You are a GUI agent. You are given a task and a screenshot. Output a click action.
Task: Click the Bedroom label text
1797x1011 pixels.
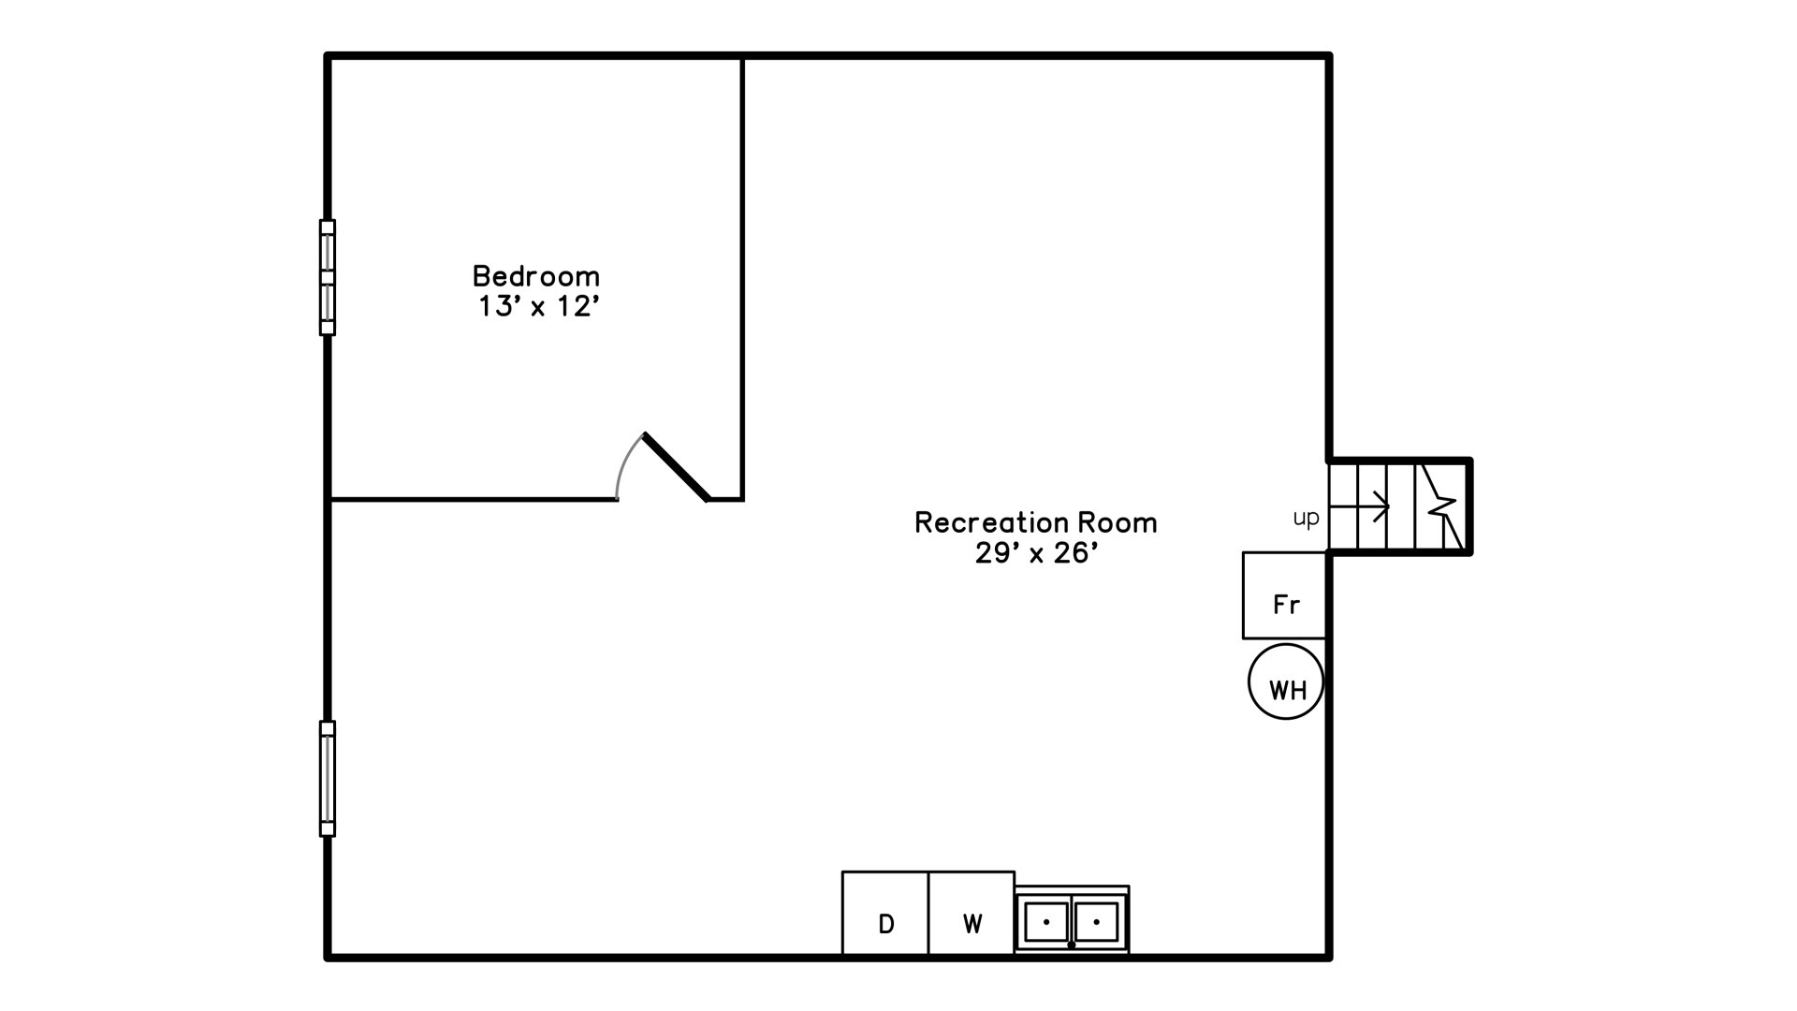coord(535,276)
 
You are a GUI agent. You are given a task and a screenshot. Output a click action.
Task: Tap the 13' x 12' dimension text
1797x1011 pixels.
coord(538,306)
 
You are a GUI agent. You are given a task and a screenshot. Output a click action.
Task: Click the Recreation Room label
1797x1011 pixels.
coord(1035,522)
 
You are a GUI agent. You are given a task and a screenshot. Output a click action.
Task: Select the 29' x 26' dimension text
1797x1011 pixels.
coord(1035,553)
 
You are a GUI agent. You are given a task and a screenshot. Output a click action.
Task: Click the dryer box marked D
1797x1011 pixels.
coord(885,914)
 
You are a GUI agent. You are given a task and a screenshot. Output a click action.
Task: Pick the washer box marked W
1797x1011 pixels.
coord(972,914)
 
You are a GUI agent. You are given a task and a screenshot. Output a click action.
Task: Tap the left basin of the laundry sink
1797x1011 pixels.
coord(1045,922)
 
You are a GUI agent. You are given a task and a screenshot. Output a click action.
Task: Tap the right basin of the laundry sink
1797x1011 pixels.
coord(1097,922)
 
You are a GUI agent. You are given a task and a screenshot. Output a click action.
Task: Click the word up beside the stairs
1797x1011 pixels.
coord(1306,518)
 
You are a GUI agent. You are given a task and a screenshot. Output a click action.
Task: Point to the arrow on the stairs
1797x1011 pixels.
coord(1360,506)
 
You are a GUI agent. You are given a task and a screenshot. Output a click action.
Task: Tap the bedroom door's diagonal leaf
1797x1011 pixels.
coord(676,466)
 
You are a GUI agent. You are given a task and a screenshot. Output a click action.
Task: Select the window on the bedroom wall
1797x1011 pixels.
coord(328,277)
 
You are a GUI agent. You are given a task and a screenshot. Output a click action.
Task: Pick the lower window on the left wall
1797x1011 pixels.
coord(328,778)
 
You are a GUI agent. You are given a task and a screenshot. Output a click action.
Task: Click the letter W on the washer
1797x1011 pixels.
coord(972,924)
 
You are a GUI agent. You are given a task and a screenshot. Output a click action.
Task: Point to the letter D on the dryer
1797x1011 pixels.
coord(886,924)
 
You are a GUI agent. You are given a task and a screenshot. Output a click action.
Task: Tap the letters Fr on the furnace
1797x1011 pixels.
coord(1287,605)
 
